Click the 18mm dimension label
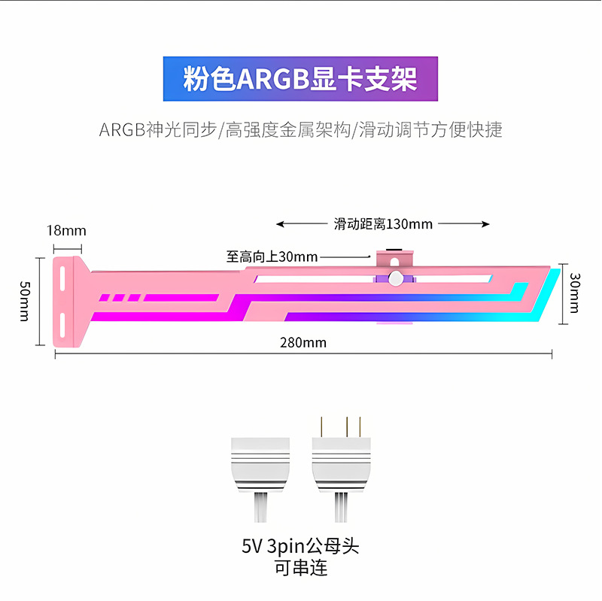coord(66,231)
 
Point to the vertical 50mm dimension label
coord(25,302)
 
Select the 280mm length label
coord(303,343)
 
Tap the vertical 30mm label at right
coord(574,293)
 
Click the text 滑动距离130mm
coord(383,224)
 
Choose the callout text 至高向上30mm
coord(272,256)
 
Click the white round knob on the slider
coord(396,278)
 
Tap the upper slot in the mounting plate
coord(62,278)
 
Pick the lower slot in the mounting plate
coord(62,326)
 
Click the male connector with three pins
coord(342,469)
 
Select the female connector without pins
coord(260,480)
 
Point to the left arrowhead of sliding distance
coord(280,224)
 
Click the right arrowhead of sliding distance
coord(485,224)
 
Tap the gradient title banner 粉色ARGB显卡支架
coord(300,79)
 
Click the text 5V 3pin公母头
coord(300,546)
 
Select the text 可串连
coord(301,568)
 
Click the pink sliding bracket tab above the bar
coord(394,258)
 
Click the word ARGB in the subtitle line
coord(122,130)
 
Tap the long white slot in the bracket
coord(372,279)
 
